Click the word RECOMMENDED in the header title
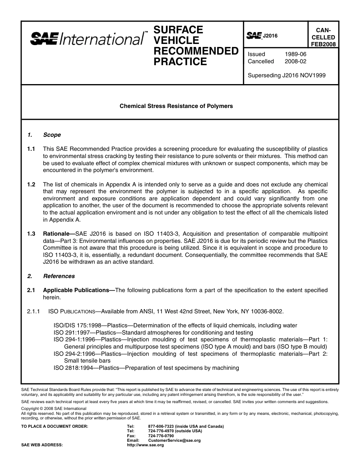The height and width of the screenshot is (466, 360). coord(196,51)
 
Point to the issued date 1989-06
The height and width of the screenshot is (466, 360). coord(295,54)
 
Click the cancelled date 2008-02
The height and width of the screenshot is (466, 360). coord(295,61)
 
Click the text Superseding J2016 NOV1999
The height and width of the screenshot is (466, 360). coord(286,75)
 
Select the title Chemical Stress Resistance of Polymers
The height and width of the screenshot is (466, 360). coord(176,106)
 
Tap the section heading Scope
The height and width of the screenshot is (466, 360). coord(52,135)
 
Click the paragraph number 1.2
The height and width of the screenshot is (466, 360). coord(31,184)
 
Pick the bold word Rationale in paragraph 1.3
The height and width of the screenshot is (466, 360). coord(58,234)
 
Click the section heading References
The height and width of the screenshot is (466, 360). coord(59,276)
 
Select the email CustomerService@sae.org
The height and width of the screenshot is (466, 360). coord(174,440)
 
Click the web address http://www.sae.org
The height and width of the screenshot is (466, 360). coord(145,445)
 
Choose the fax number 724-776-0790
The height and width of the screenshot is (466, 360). coord(161,436)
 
